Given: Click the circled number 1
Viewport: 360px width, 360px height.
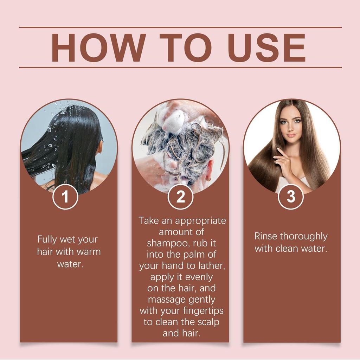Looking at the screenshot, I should pyautogui.click(x=65, y=197).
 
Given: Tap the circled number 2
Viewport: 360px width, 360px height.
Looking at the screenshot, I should pyautogui.click(x=180, y=197).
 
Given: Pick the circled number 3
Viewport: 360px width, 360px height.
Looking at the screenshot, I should pyautogui.click(x=291, y=197).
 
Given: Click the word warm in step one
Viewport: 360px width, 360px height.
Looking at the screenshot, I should pyautogui.click(x=89, y=252).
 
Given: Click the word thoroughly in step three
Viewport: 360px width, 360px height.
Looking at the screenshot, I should pyautogui.click(x=304, y=236).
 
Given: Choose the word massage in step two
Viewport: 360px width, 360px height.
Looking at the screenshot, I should pyautogui.click(x=167, y=300).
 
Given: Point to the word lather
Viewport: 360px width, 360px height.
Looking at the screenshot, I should pyautogui.click(x=213, y=266).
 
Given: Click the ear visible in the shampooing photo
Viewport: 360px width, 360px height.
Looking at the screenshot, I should pyautogui.click(x=210, y=169).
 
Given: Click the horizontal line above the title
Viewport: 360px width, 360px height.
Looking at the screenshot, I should pyautogui.click(x=180, y=27).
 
